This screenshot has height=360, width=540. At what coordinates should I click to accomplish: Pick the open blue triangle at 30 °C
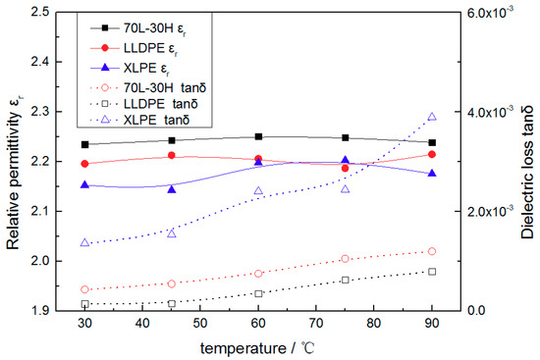[x=84, y=242]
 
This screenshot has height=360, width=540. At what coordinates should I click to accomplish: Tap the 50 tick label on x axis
[x=200, y=324]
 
